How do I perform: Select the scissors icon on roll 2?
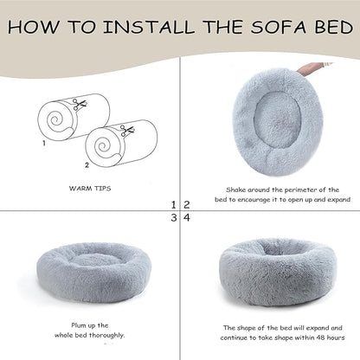tap(126, 131)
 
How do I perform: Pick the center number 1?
tap(175, 205)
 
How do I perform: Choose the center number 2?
tap(186, 205)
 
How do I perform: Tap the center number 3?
tap(175, 218)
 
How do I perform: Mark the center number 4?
tap(186, 218)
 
